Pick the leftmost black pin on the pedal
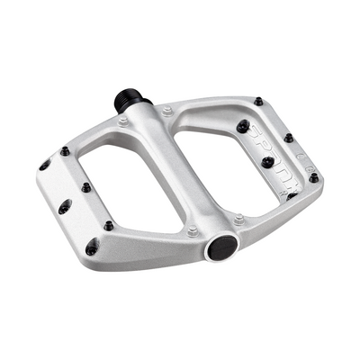[44, 165]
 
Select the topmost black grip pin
[257, 101]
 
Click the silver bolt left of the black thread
[122, 120]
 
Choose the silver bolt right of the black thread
[167, 111]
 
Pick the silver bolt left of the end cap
[192, 231]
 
